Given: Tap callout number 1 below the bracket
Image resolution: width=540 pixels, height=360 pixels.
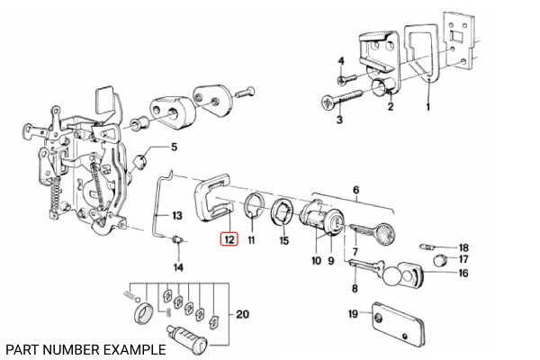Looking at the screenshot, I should pos(427,106).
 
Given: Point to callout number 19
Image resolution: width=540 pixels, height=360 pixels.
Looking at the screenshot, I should pos(354,314).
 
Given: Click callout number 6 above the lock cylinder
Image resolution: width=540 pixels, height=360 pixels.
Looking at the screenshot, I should pos(356,191).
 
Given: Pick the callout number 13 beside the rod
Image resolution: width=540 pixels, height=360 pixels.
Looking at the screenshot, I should pos(177,215).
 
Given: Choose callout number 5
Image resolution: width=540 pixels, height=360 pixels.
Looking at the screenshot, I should pos(175,148).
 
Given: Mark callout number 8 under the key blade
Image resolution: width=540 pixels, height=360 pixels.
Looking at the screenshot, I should pos(355,289).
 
